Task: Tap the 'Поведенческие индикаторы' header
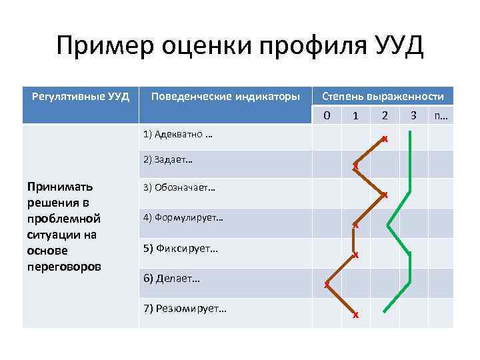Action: click(225, 97)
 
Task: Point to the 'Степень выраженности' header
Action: click(383, 97)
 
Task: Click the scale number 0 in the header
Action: click(327, 115)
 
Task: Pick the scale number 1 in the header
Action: click(355, 115)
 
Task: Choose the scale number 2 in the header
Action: click(385, 115)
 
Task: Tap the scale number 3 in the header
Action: click(413, 115)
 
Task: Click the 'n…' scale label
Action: click(441, 115)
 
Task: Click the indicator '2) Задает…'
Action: click(168, 159)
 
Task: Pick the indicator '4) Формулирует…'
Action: click(183, 217)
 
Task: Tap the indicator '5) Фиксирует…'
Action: click(181, 249)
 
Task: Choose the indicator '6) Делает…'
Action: click(171, 278)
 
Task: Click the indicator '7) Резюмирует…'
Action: click(185, 308)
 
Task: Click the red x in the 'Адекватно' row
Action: click(384, 139)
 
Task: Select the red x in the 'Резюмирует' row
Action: click(356, 315)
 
